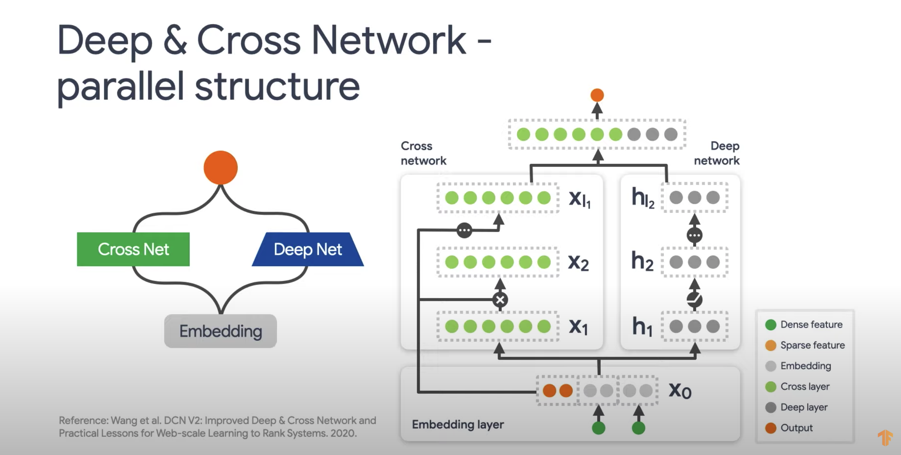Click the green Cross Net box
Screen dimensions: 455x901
tap(133, 249)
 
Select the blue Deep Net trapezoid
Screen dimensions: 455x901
tap(308, 249)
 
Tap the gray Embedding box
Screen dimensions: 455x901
tap(220, 331)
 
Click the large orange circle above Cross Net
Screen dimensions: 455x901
tap(220, 167)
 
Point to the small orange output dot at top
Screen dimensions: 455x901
tap(597, 95)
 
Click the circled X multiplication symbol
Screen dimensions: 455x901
tap(500, 299)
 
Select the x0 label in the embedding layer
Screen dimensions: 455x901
tap(680, 390)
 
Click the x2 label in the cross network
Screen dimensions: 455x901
tap(578, 262)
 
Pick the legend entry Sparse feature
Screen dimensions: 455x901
tap(812, 345)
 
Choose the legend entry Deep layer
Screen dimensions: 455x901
tap(803, 407)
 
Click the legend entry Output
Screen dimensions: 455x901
tap(796, 428)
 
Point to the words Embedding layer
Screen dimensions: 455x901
tap(458, 424)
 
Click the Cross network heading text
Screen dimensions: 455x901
tap(423, 153)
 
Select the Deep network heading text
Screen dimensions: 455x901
tap(717, 153)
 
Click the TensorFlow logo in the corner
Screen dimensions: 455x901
tap(885, 438)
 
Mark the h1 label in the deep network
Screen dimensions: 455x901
tap(642, 327)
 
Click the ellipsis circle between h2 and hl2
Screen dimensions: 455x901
tap(694, 235)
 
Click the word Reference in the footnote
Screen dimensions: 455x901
tap(83, 420)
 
